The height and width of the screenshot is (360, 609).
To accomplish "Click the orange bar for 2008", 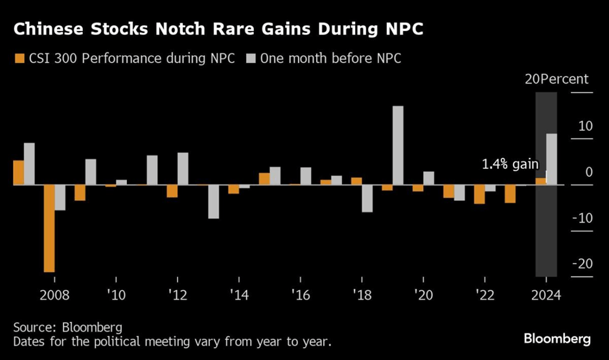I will point(49,229).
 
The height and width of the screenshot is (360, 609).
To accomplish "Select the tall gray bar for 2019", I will point(398,146).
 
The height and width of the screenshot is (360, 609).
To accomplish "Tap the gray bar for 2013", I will point(213,201).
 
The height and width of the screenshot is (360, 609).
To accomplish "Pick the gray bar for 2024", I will point(551,159).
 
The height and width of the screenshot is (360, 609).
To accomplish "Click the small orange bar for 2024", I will point(540,181).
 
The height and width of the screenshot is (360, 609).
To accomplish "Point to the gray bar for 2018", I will point(367,198).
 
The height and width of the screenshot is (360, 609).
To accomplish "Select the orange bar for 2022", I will point(479,194).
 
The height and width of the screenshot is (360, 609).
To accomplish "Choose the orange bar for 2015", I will point(264,179).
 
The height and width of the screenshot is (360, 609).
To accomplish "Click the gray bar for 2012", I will point(183,169).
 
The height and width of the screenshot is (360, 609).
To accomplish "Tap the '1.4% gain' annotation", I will point(510,165).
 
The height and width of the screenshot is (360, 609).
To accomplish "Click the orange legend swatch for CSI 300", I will point(18,58).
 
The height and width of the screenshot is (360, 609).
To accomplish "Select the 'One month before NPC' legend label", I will point(330,58).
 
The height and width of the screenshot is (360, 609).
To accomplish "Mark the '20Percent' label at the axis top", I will point(556,80).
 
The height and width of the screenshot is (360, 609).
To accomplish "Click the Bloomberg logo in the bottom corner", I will point(558,339).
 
